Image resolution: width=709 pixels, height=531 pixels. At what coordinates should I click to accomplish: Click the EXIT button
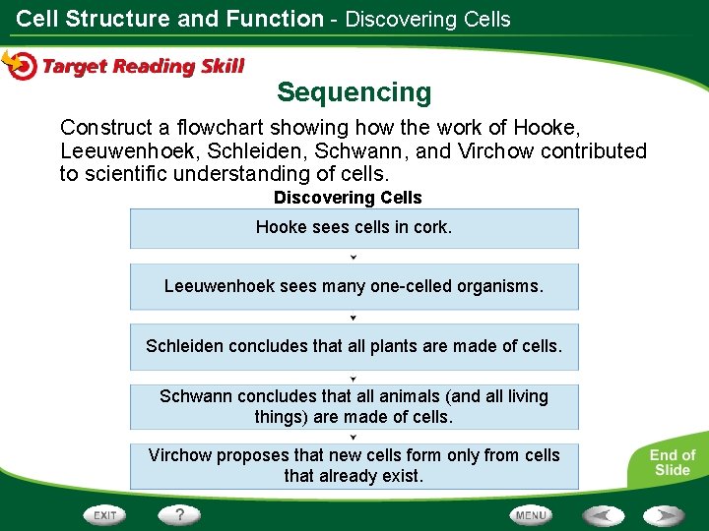105,514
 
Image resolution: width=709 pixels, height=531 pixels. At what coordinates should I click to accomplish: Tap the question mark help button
179,514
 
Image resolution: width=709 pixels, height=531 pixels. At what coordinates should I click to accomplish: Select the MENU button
531,514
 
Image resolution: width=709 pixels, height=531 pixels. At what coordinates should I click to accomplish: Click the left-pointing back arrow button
603,515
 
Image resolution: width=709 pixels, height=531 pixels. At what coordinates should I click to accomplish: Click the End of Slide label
672,462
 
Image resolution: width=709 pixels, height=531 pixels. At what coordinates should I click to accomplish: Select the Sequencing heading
354,92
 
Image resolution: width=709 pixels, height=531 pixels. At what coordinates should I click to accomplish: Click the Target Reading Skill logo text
143,66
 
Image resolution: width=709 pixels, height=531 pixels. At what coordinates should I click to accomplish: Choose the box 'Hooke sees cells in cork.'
354,228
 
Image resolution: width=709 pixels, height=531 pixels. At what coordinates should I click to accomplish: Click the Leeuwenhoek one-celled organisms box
354,287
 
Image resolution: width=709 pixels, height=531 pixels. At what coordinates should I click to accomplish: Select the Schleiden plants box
354,346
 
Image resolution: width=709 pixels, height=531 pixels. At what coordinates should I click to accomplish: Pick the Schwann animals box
354,406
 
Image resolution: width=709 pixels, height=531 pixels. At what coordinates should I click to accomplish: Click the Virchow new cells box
354,466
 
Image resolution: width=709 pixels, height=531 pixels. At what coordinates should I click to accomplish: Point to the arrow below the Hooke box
354,258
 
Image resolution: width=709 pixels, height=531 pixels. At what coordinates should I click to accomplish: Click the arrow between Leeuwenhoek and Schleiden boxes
354,318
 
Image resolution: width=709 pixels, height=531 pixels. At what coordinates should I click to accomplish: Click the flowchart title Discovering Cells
348,198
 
